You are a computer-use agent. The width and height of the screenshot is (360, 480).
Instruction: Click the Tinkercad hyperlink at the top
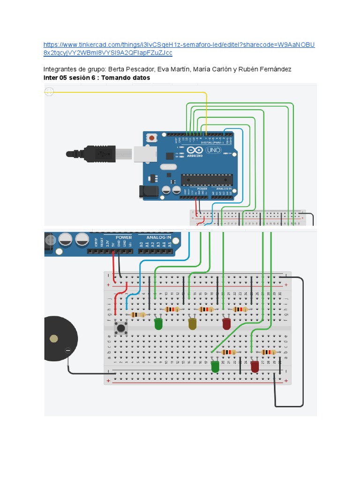click(x=178, y=49)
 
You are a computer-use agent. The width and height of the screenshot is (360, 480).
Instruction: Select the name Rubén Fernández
click(x=265, y=69)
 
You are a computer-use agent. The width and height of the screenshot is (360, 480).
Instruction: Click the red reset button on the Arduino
click(x=152, y=138)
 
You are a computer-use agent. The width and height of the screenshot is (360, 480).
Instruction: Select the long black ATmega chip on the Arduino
click(x=207, y=180)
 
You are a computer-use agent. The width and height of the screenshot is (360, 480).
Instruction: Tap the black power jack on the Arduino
click(x=147, y=191)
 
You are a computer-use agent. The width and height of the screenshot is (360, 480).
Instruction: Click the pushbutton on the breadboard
click(x=121, y=328)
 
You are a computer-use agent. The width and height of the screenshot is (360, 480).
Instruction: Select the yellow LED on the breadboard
click(x=192, y=323)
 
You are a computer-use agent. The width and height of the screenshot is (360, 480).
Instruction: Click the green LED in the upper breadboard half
click(x=158, y=323)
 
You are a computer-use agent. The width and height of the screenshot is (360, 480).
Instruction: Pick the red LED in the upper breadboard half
click(x=226, y=323)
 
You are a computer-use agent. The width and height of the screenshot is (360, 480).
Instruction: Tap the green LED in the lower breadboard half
click(x=215, y=367)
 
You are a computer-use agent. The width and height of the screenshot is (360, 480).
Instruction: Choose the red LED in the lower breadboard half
click(x=255, y=367)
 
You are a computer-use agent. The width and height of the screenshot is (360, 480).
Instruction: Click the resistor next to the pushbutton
click(x=137, y=315)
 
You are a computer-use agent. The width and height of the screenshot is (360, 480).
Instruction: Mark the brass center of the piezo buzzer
click(x=54, y=338)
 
